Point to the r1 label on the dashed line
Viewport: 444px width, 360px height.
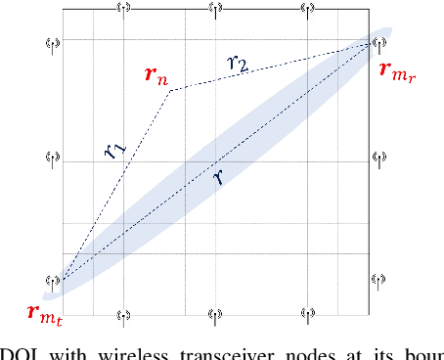pyautogui.click(x=115, y=151)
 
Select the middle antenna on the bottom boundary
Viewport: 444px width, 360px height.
pyautogui.click(x=216, y=315)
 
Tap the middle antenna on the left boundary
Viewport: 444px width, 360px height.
pyautogui.click(x=55, y=157)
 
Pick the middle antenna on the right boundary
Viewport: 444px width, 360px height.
pyautogui.click(x=377, y=157)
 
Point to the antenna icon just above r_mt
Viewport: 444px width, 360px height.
pyautogui.click(x=55, y=281)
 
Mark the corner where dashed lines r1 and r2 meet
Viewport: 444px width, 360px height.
pyautogui.click(x=170, y=91)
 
